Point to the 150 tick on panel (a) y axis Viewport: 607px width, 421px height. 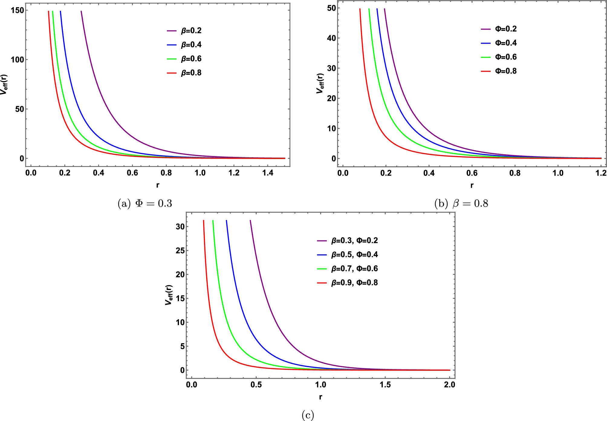pos(17,10)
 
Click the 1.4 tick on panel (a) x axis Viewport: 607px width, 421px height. pos(268,173)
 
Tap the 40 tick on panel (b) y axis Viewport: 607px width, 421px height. pos(331,38)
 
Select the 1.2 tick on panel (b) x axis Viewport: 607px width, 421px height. pos(601,173)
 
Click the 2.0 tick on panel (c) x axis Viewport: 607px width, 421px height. pos(450,385)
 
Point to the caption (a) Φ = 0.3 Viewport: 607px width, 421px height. pos(145,203)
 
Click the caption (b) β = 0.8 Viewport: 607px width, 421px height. pos(461,203)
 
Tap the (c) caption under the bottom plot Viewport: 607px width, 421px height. pos(308,415)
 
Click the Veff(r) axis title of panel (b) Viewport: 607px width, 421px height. pos(320,83)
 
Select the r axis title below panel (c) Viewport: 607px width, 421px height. pos(320,397)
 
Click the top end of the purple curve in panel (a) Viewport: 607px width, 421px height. pos(81,11)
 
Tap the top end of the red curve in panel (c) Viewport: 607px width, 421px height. pos(203,221)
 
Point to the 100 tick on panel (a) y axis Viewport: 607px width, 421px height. pos(17,60)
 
